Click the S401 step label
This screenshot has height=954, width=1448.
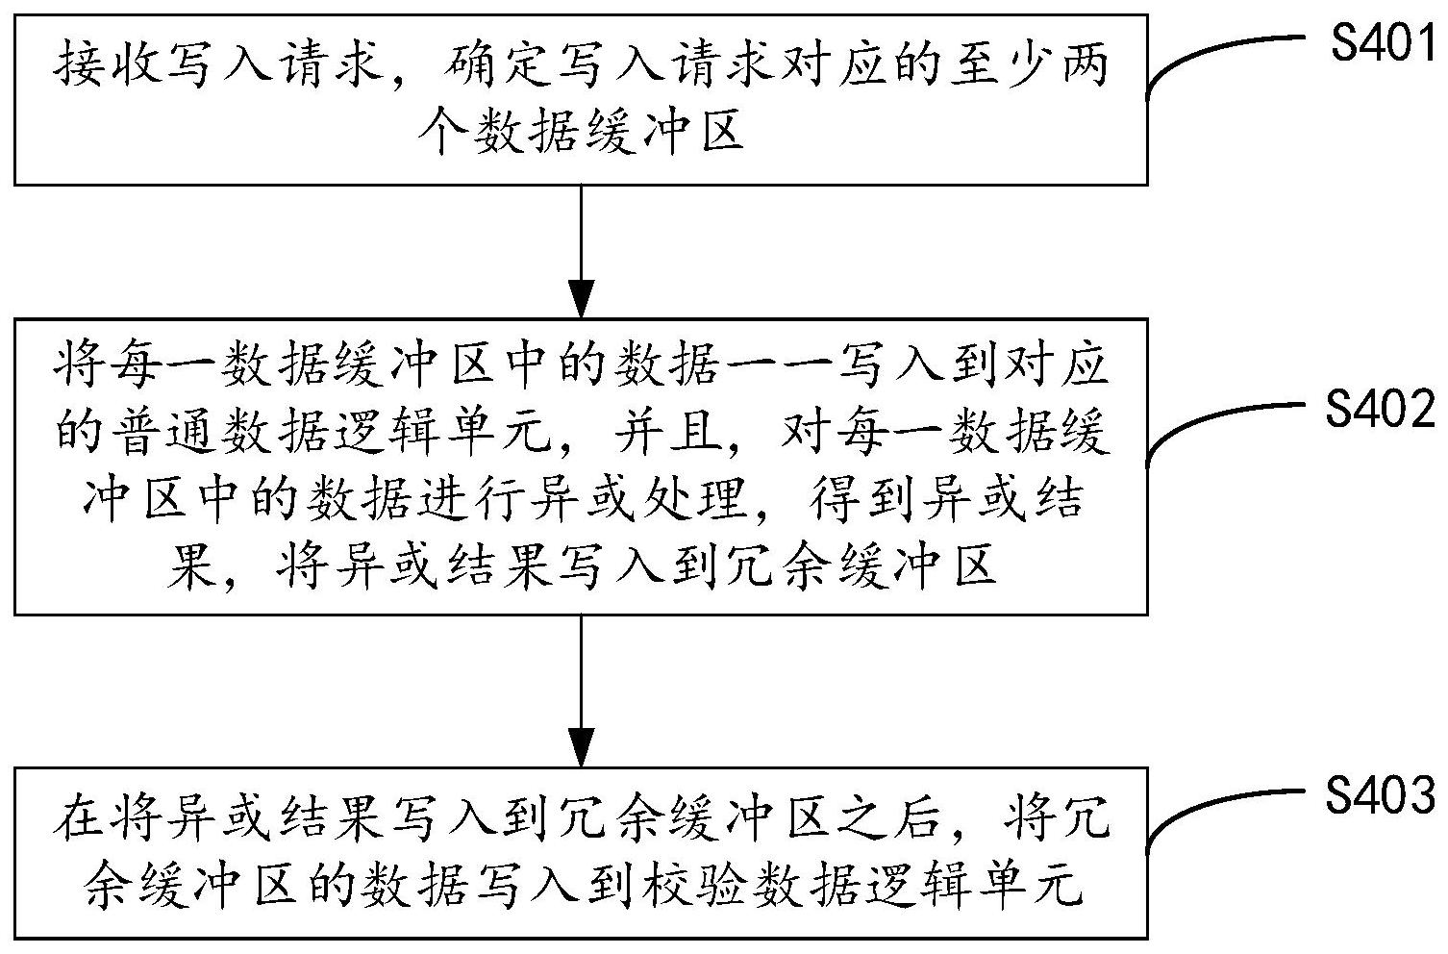pyautogui.click(x=1383, y=44)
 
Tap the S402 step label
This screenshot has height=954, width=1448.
pyautogui.click(x=1381, y=411)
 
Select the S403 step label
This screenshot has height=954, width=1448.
pyautogui.click(x=1381, y=795)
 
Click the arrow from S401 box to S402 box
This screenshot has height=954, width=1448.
pyautogui.click(x=582, y=250)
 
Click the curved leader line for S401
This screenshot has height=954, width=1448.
pyautogui.click(x=1221, y=59)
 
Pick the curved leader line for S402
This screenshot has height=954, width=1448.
pyautogui.click(x=1221, y=423)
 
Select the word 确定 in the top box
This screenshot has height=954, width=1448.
pyautogui.click(x=495, y=65)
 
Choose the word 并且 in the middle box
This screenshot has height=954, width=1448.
pyautogui.click(x=669, y=434)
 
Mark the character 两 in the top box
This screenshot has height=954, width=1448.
pyautogui.click(x=1084, y=65)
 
